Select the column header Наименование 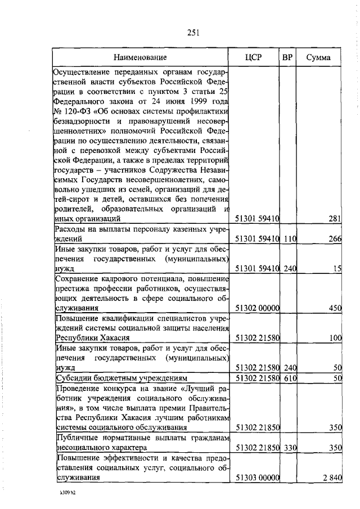(x=140, y=57)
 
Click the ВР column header (x=287, y=57)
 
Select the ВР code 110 (x=290, y=238)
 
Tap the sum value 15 (x=337, y=268)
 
